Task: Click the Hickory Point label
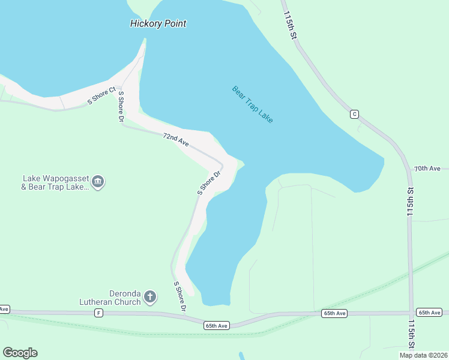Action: point(158,24)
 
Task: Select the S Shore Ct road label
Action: point(101,97)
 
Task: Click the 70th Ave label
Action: point(427,169)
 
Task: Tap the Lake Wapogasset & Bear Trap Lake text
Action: point(55,182)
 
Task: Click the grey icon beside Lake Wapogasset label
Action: point(99,182)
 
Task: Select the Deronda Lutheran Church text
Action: point(110,298)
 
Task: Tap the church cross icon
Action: point(150,296)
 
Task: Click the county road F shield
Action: point(98,313)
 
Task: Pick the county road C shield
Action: point(354,114)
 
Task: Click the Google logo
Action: point(20,353)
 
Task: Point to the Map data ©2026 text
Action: point(423,355)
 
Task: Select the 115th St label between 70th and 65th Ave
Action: point(411,202)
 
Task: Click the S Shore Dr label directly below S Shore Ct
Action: point(121,106)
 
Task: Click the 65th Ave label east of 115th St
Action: point(430,313)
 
